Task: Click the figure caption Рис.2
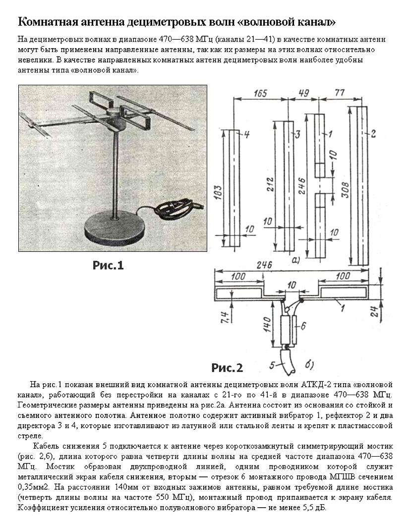[x=227, y=368]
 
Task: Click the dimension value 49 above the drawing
[x=304, y=93]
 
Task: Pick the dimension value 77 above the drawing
[x=339, y=93]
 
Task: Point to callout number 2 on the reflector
[x=373, y=132]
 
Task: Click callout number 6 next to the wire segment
[x=304, y=325]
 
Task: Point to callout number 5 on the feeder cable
[x=272, y=365]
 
